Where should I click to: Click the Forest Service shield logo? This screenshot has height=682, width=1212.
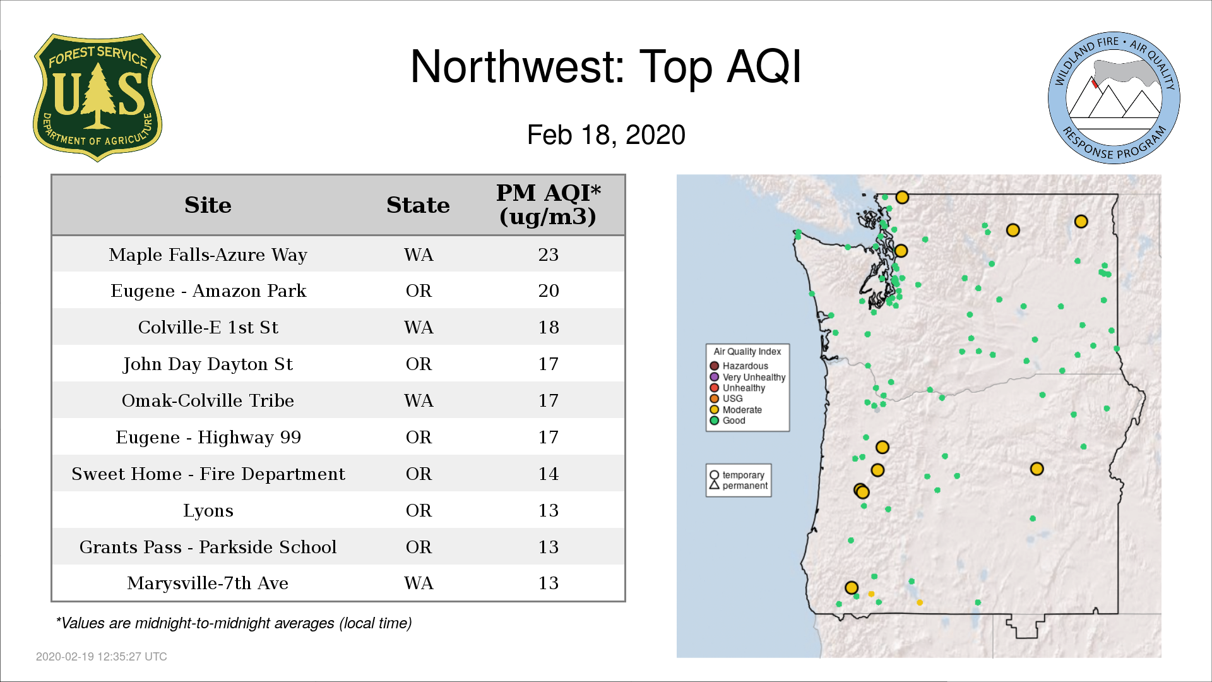[97, 98]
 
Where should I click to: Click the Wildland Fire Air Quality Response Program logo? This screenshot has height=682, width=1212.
[1114, 98]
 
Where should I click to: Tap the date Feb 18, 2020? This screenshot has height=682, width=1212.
[606, 135]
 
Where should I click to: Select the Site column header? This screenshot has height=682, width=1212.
[208, 205]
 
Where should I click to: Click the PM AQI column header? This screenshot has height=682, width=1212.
[548, 205]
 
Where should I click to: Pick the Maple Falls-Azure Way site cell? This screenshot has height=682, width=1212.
[208, 254]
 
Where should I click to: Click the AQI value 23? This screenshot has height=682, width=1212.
[548, 254]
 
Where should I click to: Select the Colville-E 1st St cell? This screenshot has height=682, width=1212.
[208, 327]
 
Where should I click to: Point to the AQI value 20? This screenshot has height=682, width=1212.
[548, 290]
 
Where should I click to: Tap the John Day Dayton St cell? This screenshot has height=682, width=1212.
[208, 364]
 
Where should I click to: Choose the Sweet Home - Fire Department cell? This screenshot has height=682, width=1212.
[208, 474]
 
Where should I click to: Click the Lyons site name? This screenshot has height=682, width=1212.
[208, 510]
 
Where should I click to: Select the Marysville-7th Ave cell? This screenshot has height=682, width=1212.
[208, 583]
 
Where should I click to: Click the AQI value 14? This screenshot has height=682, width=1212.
[548, 474]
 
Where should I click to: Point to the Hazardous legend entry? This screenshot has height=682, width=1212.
[739, 366]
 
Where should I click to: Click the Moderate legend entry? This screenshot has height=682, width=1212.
[736, 410]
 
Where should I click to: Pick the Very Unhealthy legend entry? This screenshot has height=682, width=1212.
[748, 377]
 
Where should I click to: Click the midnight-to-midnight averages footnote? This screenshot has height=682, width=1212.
[234, 623]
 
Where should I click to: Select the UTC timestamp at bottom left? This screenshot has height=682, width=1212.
[102, 657]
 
